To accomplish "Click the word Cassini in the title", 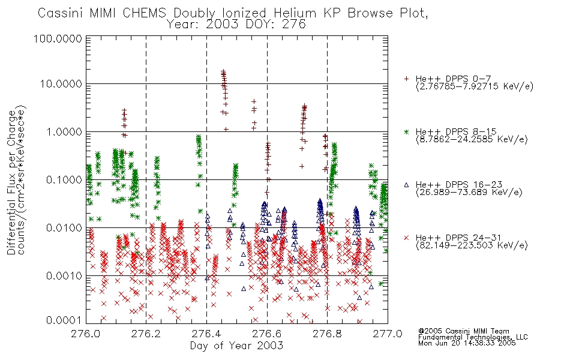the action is coord(61,13).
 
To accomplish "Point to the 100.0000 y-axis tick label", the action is coord(58,38).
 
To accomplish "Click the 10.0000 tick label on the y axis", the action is coord(61,84).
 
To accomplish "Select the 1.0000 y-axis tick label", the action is coord(64,131).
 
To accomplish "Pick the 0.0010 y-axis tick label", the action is coord(64,275).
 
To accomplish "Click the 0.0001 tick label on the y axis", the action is coord(64,320).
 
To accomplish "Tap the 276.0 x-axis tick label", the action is coord(86,334).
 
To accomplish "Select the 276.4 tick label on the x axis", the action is coord(206,334).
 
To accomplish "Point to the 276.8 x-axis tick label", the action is coord(327,334).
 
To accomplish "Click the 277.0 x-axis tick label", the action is coord(388,334).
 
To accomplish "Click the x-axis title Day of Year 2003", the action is coord(236,346).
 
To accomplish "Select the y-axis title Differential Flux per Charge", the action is coord(11,182).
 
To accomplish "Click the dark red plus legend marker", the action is coord(406,79).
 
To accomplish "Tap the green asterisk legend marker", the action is coord(406,131).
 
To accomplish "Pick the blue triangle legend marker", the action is coord(406,185).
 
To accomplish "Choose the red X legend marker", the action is coord(406,238).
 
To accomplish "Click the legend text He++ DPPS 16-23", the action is coord(459,184).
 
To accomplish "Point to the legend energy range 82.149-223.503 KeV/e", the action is coord(472,245).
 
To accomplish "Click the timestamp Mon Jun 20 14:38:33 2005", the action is coord(467,343).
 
